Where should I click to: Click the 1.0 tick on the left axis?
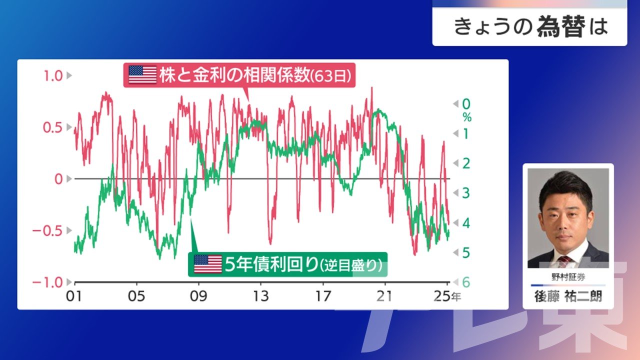pos(53,76)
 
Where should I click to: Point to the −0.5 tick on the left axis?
pos(47,231)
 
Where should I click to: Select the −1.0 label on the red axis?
pos(47,282)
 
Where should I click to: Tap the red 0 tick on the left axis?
pos(58,179)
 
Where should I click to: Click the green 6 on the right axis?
pos(466,282)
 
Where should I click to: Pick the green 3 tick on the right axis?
pos(466,193)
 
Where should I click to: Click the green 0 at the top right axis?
pos(466,104)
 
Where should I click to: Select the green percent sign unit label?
pos(467,117)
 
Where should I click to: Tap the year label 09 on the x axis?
pos(198,296)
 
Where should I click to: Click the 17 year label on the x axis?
pos(323,296)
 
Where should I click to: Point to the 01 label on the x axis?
pos(74,296)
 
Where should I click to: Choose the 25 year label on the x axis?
pos(442,296)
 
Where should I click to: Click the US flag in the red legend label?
pos(142,74)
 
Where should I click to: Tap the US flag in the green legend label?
pos(207,264)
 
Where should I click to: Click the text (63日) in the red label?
pos(330,76)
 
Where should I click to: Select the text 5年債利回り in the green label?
pos(271,264)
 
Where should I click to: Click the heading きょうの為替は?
pos(531,26)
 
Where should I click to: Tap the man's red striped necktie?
pos(565,262)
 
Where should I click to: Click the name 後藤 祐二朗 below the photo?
pos(568,296)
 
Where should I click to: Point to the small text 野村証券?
pos(568,277)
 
